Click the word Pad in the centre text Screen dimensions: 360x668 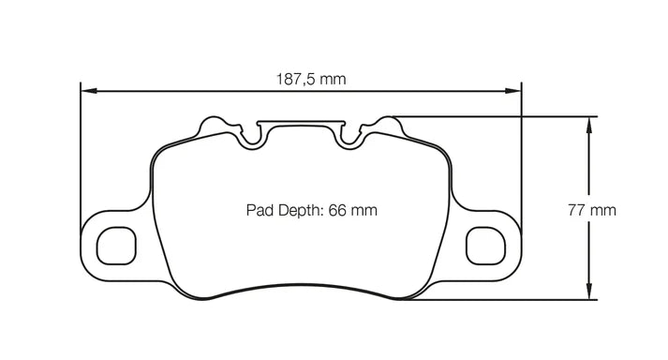(x=260, y=211)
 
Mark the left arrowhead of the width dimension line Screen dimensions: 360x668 (x=87, y=91)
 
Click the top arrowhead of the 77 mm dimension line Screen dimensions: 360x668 (x=589, y=122)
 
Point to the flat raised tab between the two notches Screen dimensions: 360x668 (x=300, y=123)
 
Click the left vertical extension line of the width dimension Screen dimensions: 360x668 (x=82, y=150)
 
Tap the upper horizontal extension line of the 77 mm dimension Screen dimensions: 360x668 (x=497, y=116)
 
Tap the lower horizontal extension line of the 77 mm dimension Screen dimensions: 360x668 (x=497, y=300)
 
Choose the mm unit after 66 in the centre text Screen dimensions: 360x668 (x=364, y=211)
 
